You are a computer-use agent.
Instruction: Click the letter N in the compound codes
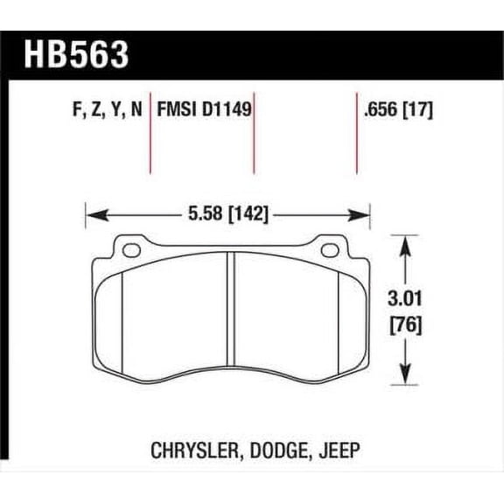point(139,110)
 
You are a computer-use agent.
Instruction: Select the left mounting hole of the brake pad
point(131,251)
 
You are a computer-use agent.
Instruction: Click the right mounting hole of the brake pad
point(330,251)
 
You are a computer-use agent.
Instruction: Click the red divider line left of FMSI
point(153,131)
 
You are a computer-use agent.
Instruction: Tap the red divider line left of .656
point(356,131)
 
